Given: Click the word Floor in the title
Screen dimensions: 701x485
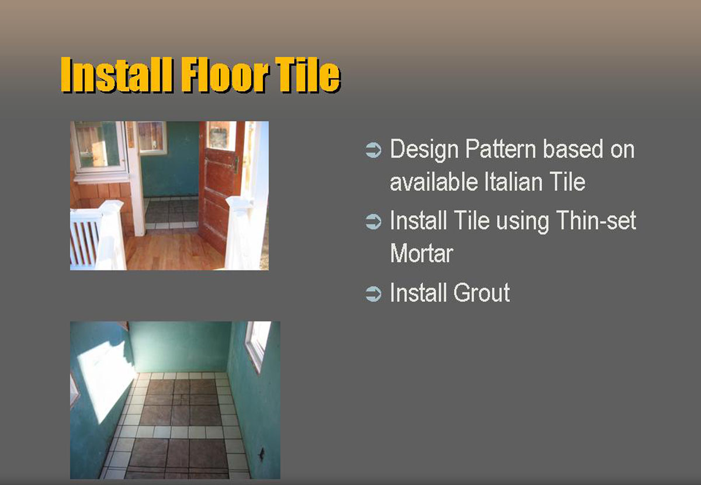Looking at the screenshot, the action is click(x=225, y=75).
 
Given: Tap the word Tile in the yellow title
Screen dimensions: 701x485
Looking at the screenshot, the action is click(x=308, y=75).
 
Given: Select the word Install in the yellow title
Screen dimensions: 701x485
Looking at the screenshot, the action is click(x=117, y=75).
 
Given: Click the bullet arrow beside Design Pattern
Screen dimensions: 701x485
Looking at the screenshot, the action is click(x=373, y=150).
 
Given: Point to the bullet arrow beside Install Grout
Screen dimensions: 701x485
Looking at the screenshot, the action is click(x=373, y=294).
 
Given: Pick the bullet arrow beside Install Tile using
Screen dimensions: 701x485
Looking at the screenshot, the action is click(x=373, y=221).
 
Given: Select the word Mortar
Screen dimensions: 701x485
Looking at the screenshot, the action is click(x=422, y=253).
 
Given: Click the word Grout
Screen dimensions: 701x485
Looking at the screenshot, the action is click(x=481, y=292).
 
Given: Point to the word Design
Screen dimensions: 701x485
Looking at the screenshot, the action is click(x=424, y=150).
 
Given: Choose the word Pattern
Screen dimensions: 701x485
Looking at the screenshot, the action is click(x=501, y=149).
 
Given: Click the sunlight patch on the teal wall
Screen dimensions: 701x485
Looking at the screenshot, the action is click(x=105, y=382).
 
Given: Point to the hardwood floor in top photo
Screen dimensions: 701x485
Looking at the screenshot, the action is click(x=175, y=251).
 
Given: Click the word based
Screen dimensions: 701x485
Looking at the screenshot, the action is click(x=573, y=149).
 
